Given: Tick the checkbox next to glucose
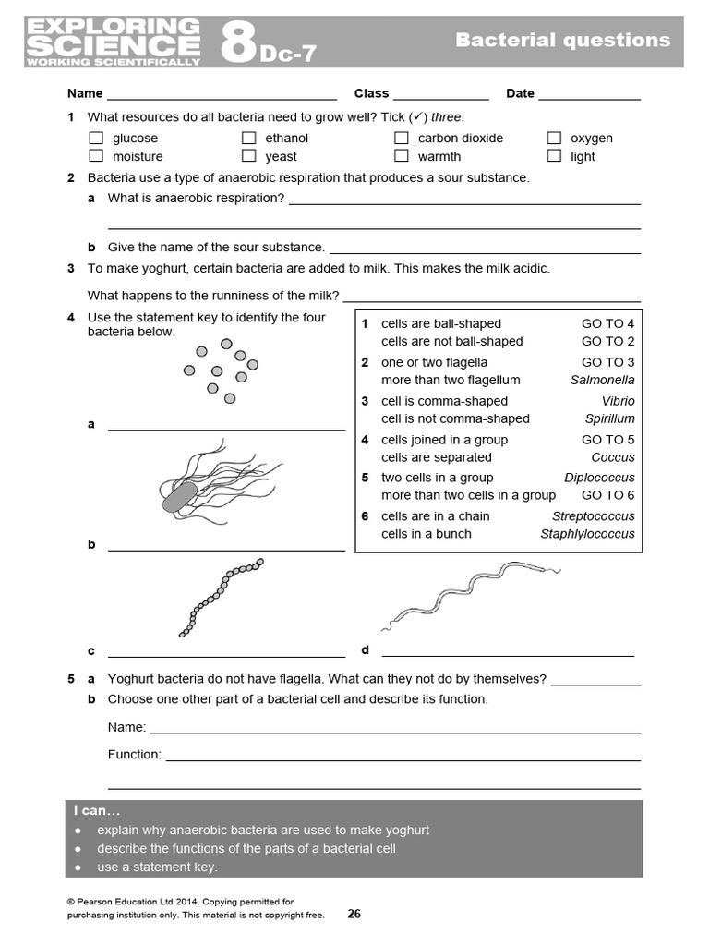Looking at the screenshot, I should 95,138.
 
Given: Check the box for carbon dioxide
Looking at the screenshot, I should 401,138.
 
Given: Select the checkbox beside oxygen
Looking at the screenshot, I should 554,138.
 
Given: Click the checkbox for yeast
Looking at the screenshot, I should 248,156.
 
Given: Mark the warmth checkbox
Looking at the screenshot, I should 401,156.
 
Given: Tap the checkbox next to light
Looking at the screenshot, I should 554,156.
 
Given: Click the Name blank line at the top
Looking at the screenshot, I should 222,95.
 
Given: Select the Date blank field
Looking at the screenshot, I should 589,95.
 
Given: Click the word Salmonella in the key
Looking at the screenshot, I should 602,380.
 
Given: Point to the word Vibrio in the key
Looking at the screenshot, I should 618,401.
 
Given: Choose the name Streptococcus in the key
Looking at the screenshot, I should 593,516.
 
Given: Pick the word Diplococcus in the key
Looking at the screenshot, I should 599,478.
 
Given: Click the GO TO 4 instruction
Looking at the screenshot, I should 607,323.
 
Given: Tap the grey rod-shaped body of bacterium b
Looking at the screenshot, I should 178,496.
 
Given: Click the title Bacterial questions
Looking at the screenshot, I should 562,40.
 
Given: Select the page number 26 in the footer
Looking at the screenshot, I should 354,914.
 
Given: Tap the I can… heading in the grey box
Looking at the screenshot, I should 96,810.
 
